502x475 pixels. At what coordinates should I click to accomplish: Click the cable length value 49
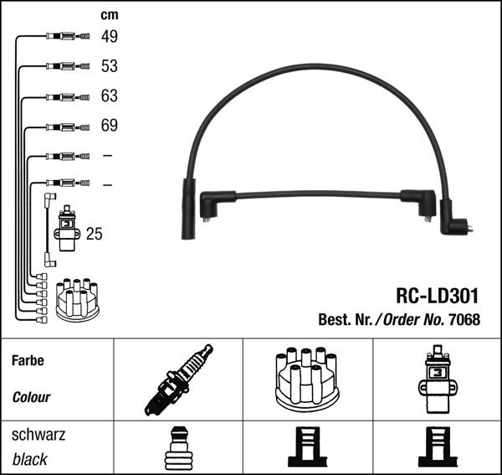[x=110, y=36]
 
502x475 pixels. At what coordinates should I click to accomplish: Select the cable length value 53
[x=110, y=65]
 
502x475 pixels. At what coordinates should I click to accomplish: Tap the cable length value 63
[x=110, y=96]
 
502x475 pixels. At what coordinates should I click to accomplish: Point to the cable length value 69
[x=110, y=126]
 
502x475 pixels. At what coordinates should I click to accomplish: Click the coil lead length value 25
[x=95, y=234]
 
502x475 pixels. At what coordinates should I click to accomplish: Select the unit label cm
[x=109, y=14]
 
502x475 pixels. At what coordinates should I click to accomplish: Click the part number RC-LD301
[x=437, y=296]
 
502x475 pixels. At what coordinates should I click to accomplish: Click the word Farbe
[x=28, y=361]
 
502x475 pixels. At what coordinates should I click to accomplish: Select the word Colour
[x=31, y=397]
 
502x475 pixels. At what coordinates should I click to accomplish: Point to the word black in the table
[x=29, y=459]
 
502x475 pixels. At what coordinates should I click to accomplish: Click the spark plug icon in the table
[x=178, y=379]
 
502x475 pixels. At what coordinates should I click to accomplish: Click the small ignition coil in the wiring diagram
[x=66, y=229]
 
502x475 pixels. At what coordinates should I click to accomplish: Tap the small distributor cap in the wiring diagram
[x=77, y=299]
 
